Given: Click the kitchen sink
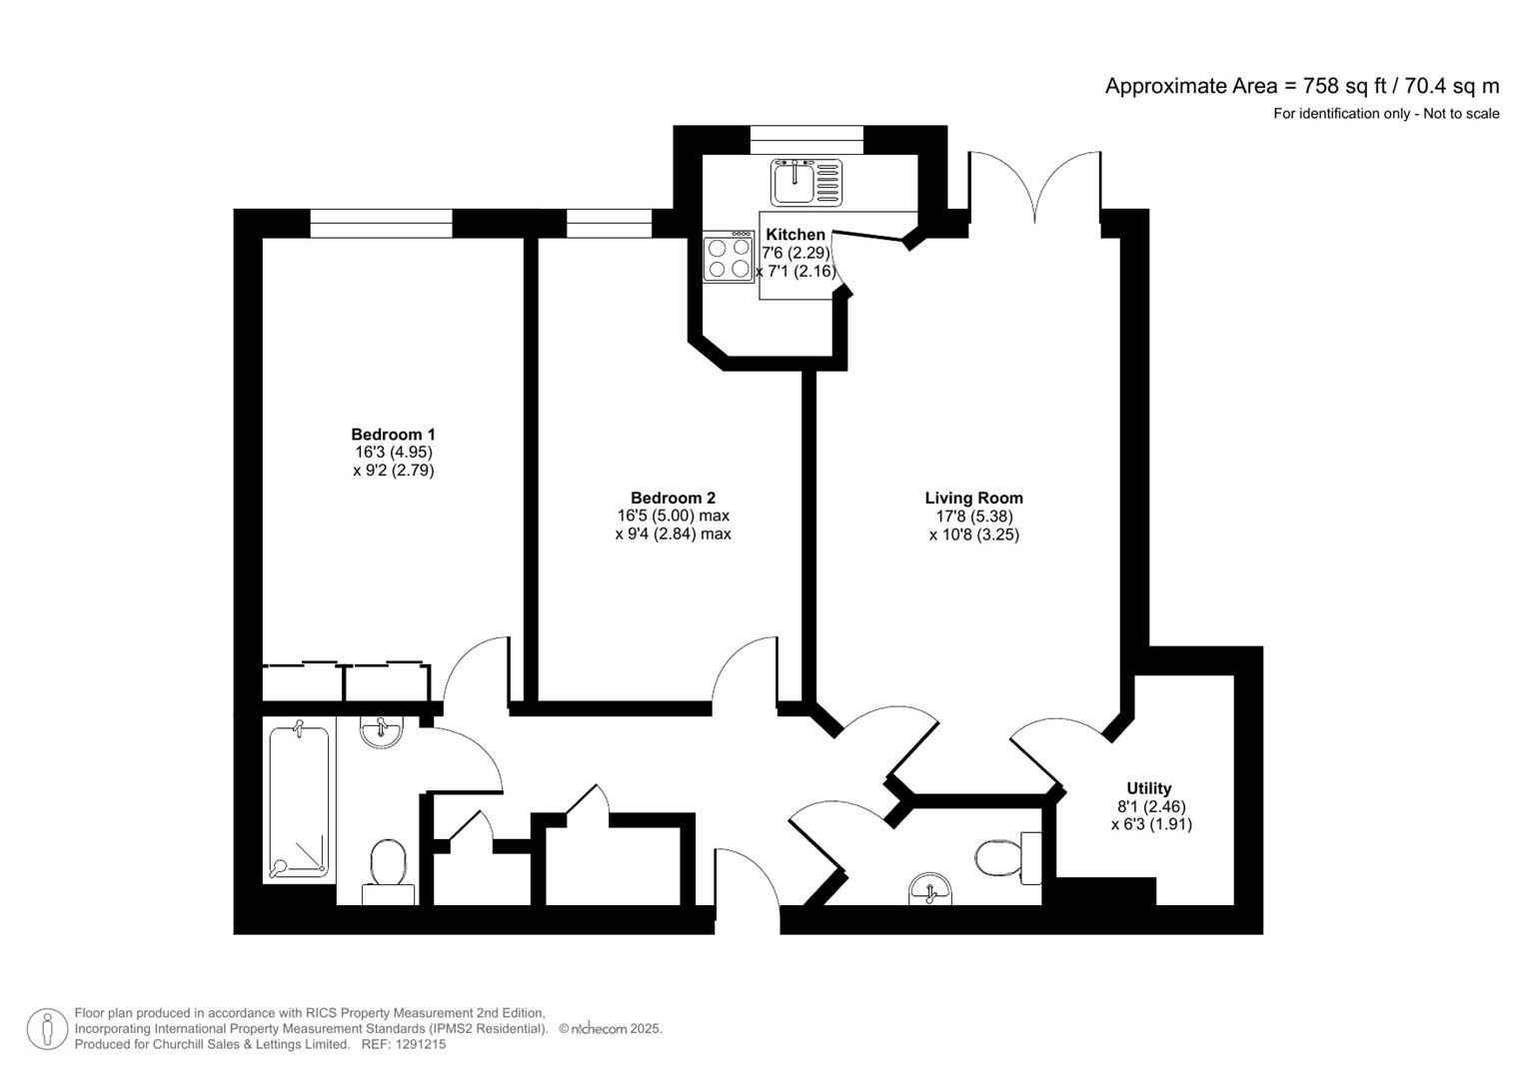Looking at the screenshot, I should click(x=805, y=182).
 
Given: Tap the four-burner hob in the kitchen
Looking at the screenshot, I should click(x=728, y=258).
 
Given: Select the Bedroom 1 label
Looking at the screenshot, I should click(x=393, y=435).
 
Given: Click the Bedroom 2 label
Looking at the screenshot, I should click(x=673, y=498).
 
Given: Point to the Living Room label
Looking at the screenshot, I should click(x=973, y=498).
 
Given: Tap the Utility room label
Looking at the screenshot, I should click(x=1148, y=788).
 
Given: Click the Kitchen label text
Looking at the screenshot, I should click(x=795, y=235).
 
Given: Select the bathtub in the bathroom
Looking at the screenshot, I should click(x=299, y=803).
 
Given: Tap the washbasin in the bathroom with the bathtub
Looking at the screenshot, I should click(x=381, y=732).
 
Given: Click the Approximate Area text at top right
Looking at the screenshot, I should click(x=1301, y=86).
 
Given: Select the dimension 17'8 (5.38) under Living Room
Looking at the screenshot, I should click(x=973, y=517).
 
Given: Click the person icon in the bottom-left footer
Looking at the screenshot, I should click(x=47, y=1029).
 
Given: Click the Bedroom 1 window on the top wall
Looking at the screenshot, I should click(x=381, y=223).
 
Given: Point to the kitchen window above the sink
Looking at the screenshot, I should click(x=805, y=140).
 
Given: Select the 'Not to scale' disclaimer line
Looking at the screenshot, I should click(x=1385, y=114).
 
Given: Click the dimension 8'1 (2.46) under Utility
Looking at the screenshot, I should click(x=1151, y=806).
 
